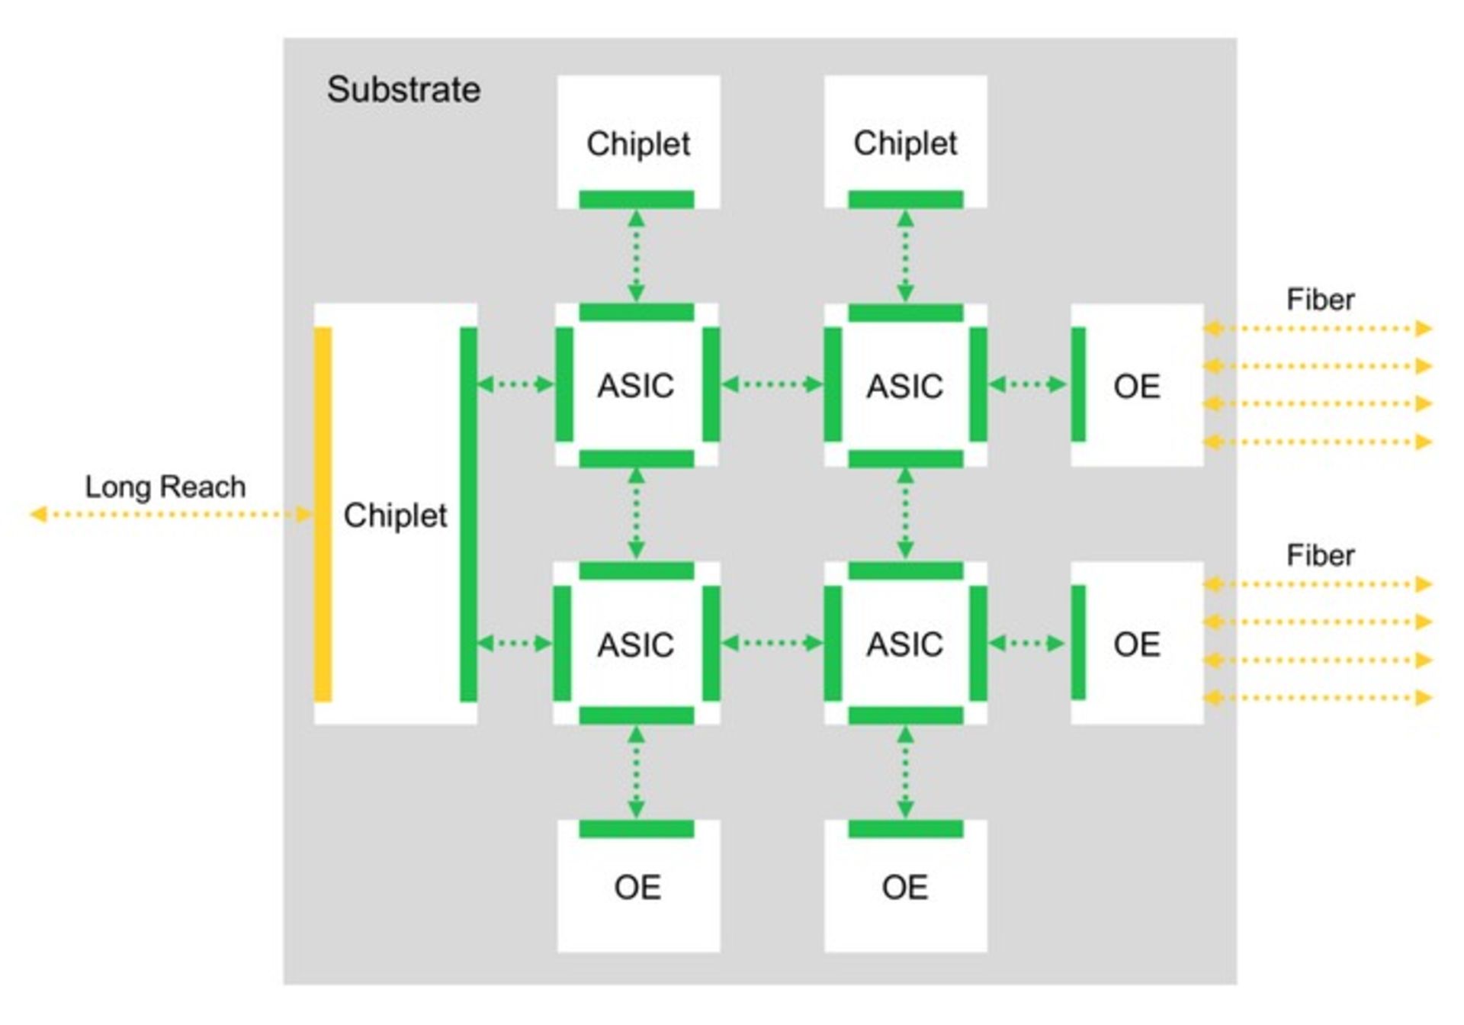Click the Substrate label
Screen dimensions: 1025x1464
point(403,90)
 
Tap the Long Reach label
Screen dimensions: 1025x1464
point(165,487)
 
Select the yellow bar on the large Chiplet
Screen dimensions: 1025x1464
point(323,514)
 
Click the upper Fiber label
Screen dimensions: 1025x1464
point(1320,300)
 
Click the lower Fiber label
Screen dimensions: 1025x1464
point(1320,555)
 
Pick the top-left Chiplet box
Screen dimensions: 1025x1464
point(638,142)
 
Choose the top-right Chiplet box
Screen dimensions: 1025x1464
point(905,142)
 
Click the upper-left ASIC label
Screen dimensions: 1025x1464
point(635,385)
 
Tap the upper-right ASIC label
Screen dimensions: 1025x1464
point(904,385)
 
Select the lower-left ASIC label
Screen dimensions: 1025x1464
point(635,644)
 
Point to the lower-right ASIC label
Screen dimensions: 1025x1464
point(904,644)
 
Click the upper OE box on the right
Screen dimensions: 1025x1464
point(1137,386)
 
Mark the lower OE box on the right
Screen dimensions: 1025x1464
point(1137,644)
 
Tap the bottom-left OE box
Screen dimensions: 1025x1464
point(638,886)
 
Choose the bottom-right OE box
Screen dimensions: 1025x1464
point(905,886)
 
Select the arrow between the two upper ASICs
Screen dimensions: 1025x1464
point(772,384)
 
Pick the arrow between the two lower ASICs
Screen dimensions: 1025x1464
point(772,644)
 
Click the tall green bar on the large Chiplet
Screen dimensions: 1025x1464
point(468,514)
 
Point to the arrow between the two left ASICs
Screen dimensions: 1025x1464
point(636,514)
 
